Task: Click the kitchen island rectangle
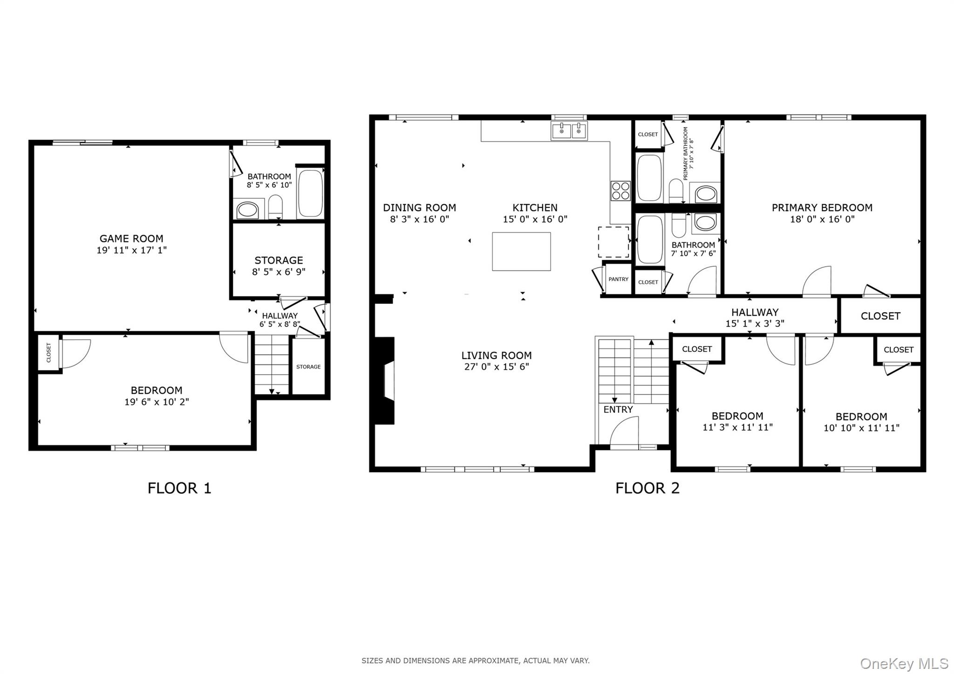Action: pos(521,251)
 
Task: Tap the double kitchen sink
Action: pos(569,131)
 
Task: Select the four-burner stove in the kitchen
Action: pos(620,191)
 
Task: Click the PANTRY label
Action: pos(619,279)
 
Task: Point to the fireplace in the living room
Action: pos(386,381)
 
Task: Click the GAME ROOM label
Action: pos(131,239)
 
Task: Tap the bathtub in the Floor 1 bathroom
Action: pos(310,194)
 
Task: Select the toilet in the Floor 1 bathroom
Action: pos(276,206)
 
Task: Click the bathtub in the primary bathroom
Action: pos(649,178)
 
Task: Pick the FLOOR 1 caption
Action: pos(179,488)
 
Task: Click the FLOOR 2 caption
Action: pos(647,488)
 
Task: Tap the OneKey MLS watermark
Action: pos(904,663)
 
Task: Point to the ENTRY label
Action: pos(618,410)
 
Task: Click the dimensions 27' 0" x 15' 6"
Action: pos(496,367)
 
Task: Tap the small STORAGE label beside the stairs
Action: pos(308,367)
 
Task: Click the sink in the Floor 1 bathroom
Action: pos(247,210)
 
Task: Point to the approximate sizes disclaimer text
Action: pos(476,661)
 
